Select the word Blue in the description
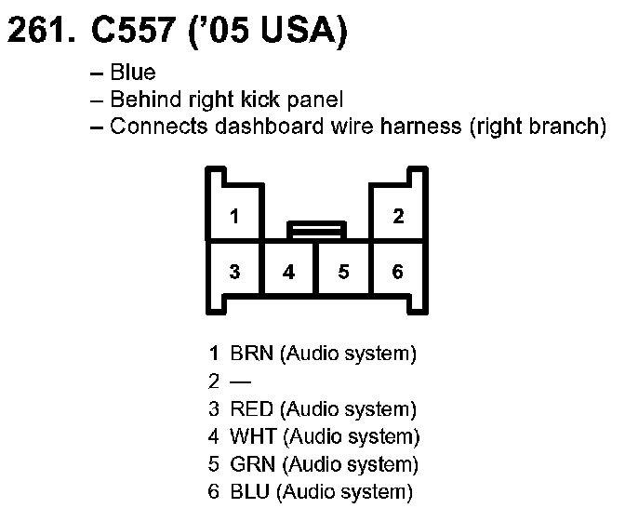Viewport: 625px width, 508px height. (x=133, y=73)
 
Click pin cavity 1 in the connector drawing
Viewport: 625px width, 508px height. (x=234, y=216)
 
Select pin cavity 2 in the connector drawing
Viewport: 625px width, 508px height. (x=398, y=216)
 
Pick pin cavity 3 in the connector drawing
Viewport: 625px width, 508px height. (x=234, y=272)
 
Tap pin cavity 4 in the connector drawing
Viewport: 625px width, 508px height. (x=289, y=272)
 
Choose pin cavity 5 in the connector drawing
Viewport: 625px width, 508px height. (x=343, y=272)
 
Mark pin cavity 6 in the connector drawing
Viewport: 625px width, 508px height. (x=398, y=272)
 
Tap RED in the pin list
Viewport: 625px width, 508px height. (x=251, y=409)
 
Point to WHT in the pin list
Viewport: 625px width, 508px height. (x=252, y=436)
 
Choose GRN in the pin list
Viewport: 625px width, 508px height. (x=252, y=464)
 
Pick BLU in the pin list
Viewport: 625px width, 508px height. (x=250, y=492)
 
